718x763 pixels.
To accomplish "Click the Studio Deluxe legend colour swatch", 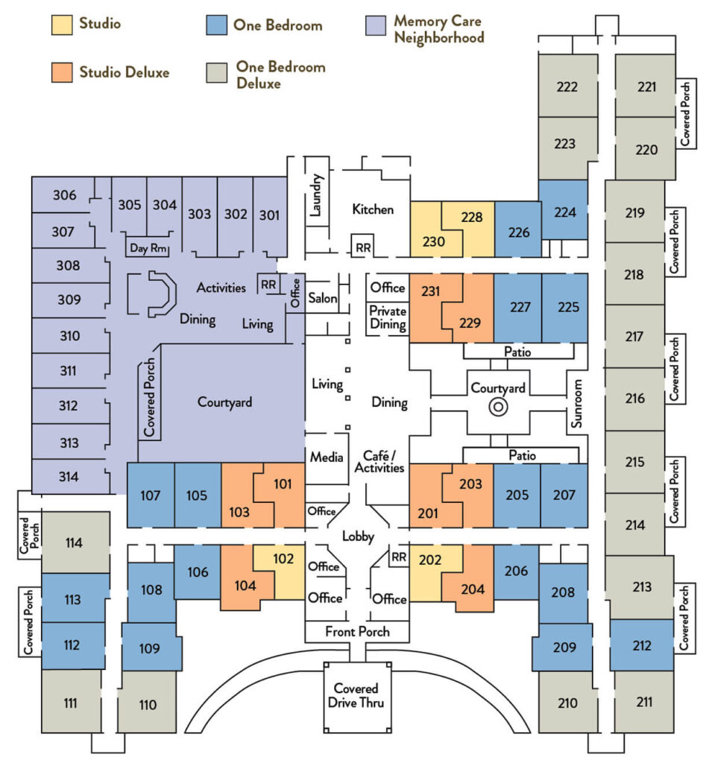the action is pos(62,72).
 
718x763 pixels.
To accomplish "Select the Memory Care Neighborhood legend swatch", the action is pos(376,25).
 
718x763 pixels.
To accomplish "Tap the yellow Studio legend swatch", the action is pos(62,25).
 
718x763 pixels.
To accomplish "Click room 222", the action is pos(567,86).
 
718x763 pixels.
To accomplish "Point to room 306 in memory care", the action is pos(63,194).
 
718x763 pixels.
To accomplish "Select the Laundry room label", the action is pos(316,195).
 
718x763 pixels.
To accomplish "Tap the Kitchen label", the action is pos(373,209).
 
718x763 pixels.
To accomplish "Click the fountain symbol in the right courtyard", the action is pos(498,407).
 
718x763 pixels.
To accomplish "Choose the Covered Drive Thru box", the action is pos(357,697).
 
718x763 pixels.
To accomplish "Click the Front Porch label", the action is pos(357,631).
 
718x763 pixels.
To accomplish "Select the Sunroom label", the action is pos(576,403).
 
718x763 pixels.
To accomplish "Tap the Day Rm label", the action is pos(148,248).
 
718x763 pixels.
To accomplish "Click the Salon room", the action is pos(323,298).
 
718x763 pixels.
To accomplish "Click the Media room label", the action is pos(327,457).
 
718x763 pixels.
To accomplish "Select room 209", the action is pos(563,648).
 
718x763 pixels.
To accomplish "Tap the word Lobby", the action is pos(358,536).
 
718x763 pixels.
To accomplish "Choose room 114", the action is pos(75,542).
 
